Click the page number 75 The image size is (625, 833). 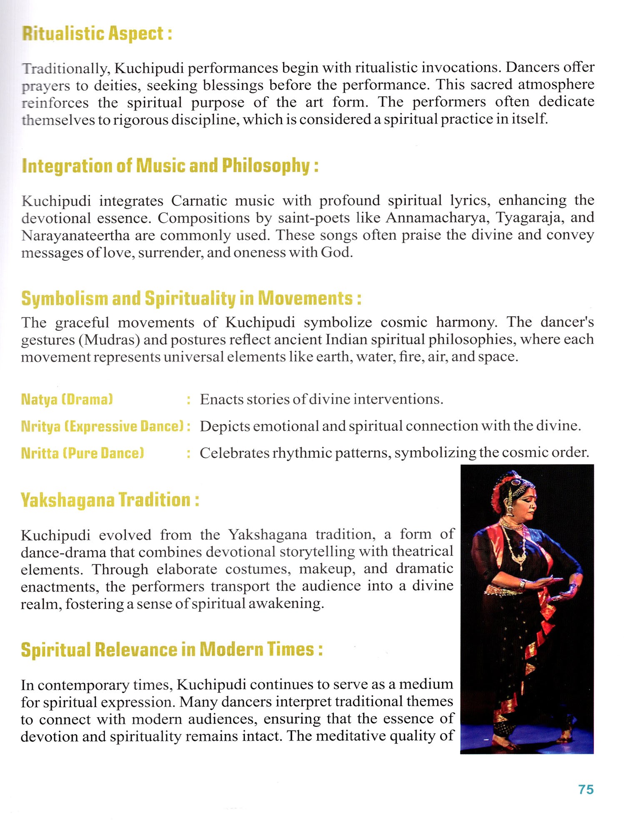coord(586,789)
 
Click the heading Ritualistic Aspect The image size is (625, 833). coord(97,34)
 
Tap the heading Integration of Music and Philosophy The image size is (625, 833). coord(170,166)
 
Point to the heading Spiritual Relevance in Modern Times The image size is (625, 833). coord(172,650)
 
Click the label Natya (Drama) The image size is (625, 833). coord(67,399)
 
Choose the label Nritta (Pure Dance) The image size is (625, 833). coord(82,453)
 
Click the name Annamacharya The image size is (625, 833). coord(435,218)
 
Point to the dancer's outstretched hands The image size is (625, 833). coord(554,585)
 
